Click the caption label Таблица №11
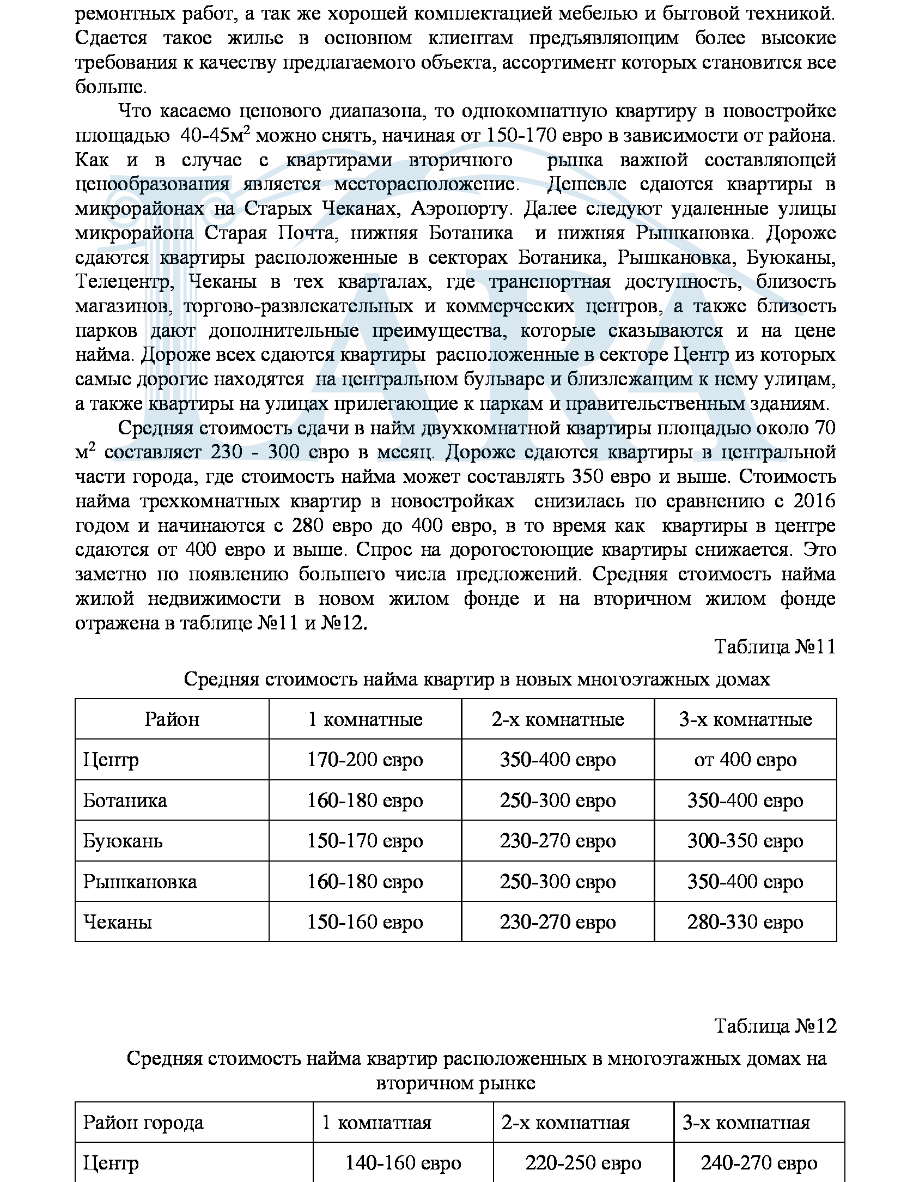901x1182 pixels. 775,647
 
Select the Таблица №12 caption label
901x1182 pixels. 775,1026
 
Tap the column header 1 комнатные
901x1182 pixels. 365,719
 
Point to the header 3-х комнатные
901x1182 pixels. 745,719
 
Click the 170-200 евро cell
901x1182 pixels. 365,760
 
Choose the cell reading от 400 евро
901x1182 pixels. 745,760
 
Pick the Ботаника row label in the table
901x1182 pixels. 125,801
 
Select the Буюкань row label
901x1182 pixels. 123,841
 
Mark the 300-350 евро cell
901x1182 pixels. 745,841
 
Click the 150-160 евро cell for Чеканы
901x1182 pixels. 365,922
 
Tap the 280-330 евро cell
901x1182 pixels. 745,922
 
